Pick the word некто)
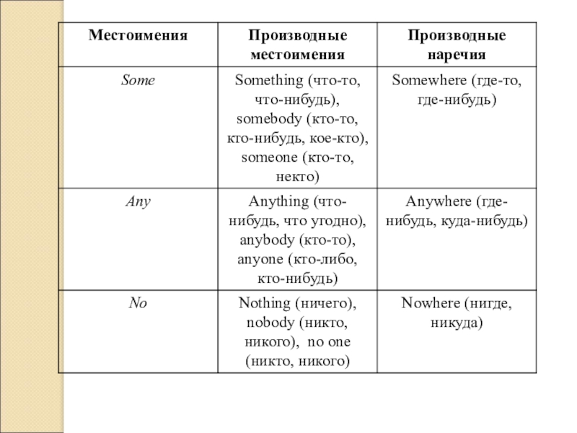297,175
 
